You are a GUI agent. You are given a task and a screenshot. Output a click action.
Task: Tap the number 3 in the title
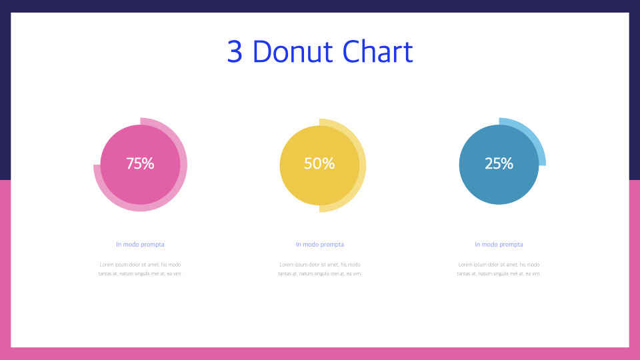coord(234,52)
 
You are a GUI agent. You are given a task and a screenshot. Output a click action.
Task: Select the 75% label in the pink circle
coord(140,163)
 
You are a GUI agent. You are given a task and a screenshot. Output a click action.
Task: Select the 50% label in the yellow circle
coord(319,163)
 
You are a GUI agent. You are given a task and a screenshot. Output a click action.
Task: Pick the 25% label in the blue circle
coord(499,163)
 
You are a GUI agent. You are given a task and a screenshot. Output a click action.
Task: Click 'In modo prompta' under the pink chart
coord(140,245)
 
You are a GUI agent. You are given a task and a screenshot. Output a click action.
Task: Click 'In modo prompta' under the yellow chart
coord(320,245)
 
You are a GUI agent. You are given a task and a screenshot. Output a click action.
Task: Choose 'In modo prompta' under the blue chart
coord(499,245)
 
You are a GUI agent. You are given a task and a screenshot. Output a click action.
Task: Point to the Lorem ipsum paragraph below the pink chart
coord(140,269)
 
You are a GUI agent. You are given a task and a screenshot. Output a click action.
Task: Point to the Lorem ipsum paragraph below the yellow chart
coord(320,269)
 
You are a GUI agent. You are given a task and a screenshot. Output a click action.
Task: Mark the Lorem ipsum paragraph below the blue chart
coord(499,269)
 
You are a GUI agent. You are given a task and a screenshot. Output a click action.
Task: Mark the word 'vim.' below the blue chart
coord(535,274)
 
